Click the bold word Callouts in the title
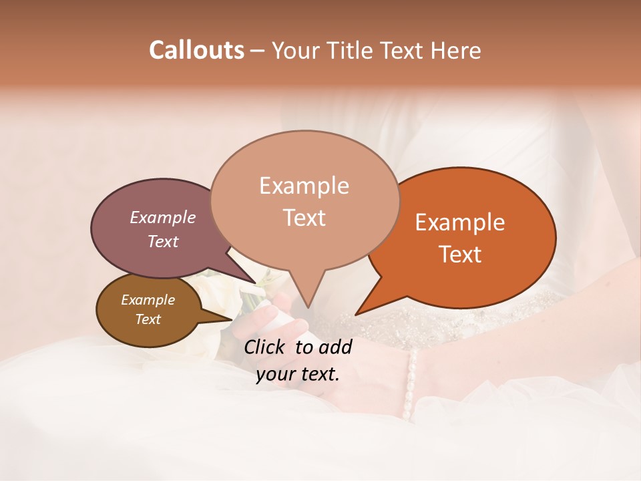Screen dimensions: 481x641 pos(196,50)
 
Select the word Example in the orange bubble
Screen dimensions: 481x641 pos(460,222)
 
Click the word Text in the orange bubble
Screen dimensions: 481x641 pos(460,255)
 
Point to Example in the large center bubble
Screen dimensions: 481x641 pos(304,186)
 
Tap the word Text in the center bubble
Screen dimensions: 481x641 pos(304,218)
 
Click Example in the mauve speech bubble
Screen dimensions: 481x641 pos(162,218)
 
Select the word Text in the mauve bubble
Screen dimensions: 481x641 pos(162,242)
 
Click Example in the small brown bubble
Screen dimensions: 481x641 pos(148,300)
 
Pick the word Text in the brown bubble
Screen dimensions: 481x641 pos(148,319)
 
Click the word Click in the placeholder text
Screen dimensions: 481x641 pos(265,347)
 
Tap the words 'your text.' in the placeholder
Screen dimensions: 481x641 pos(298,374)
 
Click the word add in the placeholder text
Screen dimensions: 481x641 pos(335,347)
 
